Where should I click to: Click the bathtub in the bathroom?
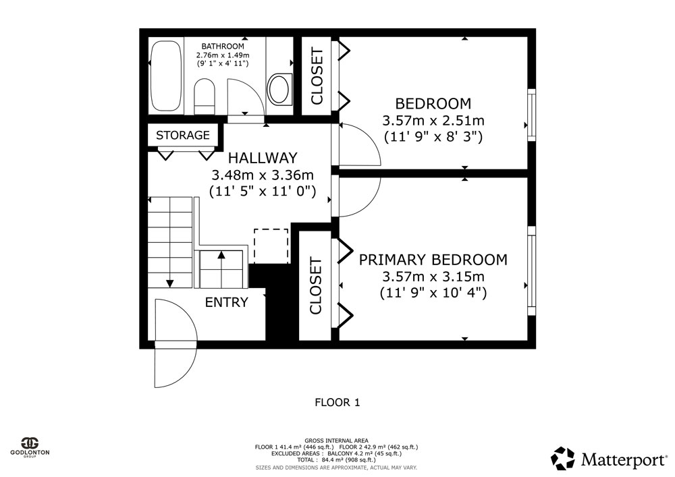[x=166, y=76]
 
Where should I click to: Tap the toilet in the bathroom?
[x=205, y=96]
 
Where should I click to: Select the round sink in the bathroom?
[x=279, y=88]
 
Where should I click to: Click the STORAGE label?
[x=182, y=135]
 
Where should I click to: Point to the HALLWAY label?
[x=263, y=158]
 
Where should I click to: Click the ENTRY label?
[x=226, y=302]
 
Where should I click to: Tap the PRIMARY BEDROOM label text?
[x=433, y=260]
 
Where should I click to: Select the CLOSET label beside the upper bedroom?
[x=317, y=76]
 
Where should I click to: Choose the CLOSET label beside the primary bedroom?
[x=315, y=286]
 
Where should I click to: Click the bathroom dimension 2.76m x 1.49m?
[x=223, y=55]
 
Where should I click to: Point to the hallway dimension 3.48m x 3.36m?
[x=263, y=175]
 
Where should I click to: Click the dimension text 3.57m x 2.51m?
[x=433, y=121]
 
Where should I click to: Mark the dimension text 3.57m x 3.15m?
[x=433, y=276]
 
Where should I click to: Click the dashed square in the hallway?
[x=271, y=246]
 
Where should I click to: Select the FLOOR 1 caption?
[x=337, y=403]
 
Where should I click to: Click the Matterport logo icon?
[x=563, y=459]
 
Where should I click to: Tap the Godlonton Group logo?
[x=30, y=447]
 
